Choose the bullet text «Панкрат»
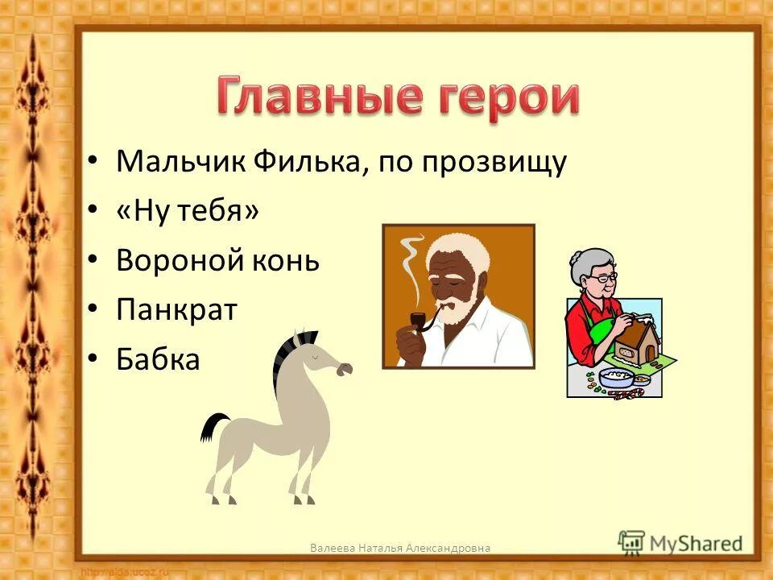point(176,310)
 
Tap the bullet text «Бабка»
point(157,359)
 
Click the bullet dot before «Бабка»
point(93,360)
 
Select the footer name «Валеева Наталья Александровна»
point(400,548)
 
